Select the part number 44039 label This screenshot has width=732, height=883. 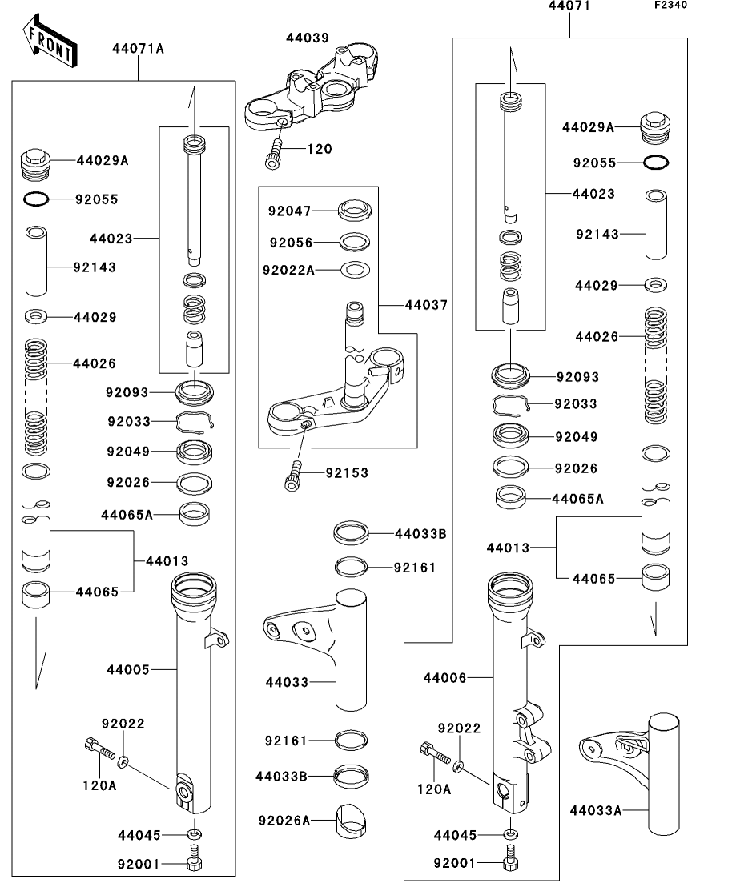(x=308, y=37)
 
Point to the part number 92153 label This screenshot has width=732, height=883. (x=347, y=473)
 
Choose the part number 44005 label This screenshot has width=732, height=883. (x=128, y=668)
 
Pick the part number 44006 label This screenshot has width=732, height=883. (x=445, y=678)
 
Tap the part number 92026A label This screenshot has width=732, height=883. (x=284, y=820)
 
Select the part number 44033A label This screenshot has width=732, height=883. (x=596, y=810)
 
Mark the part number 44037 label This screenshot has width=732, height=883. (x=426, y=305)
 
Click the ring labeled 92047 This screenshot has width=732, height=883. (x=356, y=211)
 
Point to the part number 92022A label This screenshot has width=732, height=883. (x=288, y=270)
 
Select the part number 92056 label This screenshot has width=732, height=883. (x=291, y=242)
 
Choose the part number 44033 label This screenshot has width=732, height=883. (x=287, y=682)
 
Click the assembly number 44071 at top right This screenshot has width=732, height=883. (x=569, y=6)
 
